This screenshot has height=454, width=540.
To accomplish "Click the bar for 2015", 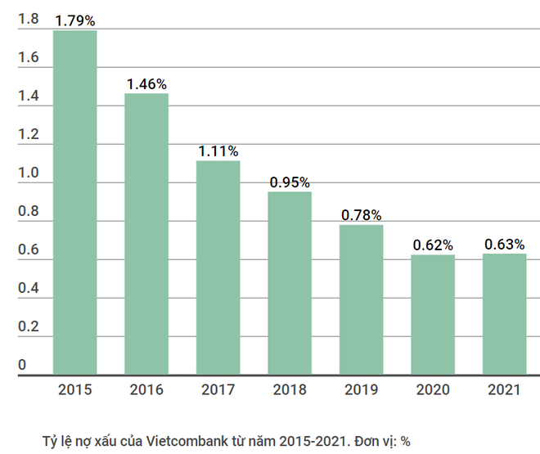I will coord(74,203).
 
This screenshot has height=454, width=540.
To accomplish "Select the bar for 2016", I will coord(146,234).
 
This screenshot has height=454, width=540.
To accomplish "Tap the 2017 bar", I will coord(218,267).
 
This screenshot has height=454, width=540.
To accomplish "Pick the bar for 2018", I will coord(290,283).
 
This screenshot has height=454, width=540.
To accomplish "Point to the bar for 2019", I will coord(361,299).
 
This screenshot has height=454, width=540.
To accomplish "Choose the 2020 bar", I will coord(433,315).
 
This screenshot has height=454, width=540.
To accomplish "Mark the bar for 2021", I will coord(504,314).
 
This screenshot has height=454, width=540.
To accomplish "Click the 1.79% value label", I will coord(74,18).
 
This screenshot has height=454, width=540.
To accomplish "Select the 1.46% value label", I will coord(146,83).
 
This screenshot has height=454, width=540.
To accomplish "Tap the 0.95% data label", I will coord(290,182).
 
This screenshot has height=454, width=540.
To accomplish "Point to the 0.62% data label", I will coord(433,245).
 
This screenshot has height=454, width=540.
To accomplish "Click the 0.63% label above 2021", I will coord(504,244).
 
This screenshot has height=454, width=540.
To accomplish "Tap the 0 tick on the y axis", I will coord(22,365).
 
